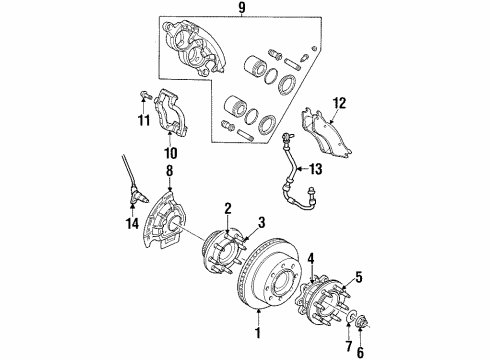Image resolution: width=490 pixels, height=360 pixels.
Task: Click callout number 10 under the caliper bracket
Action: pyautogui.click(x=169, y=154)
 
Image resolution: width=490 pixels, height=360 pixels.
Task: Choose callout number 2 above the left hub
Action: pyautogui.click(x=227, y=208)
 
